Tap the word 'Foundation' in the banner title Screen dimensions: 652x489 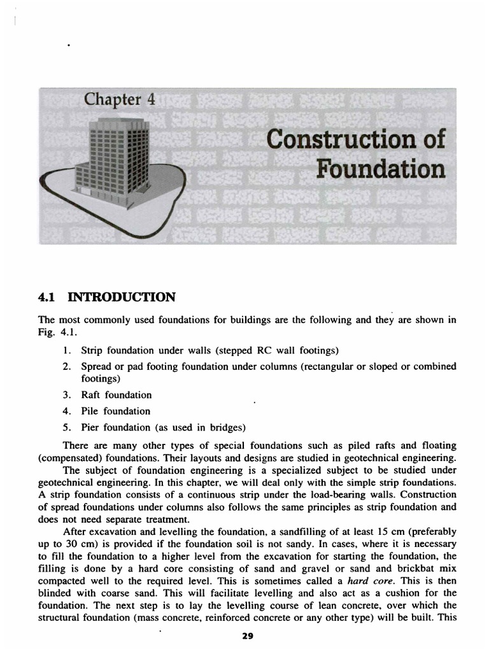tap(380, 169)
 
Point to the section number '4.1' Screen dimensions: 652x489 tap(50, 297)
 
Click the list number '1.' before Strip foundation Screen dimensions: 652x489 tap(67, 350)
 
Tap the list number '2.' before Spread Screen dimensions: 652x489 tap(67, 366)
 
